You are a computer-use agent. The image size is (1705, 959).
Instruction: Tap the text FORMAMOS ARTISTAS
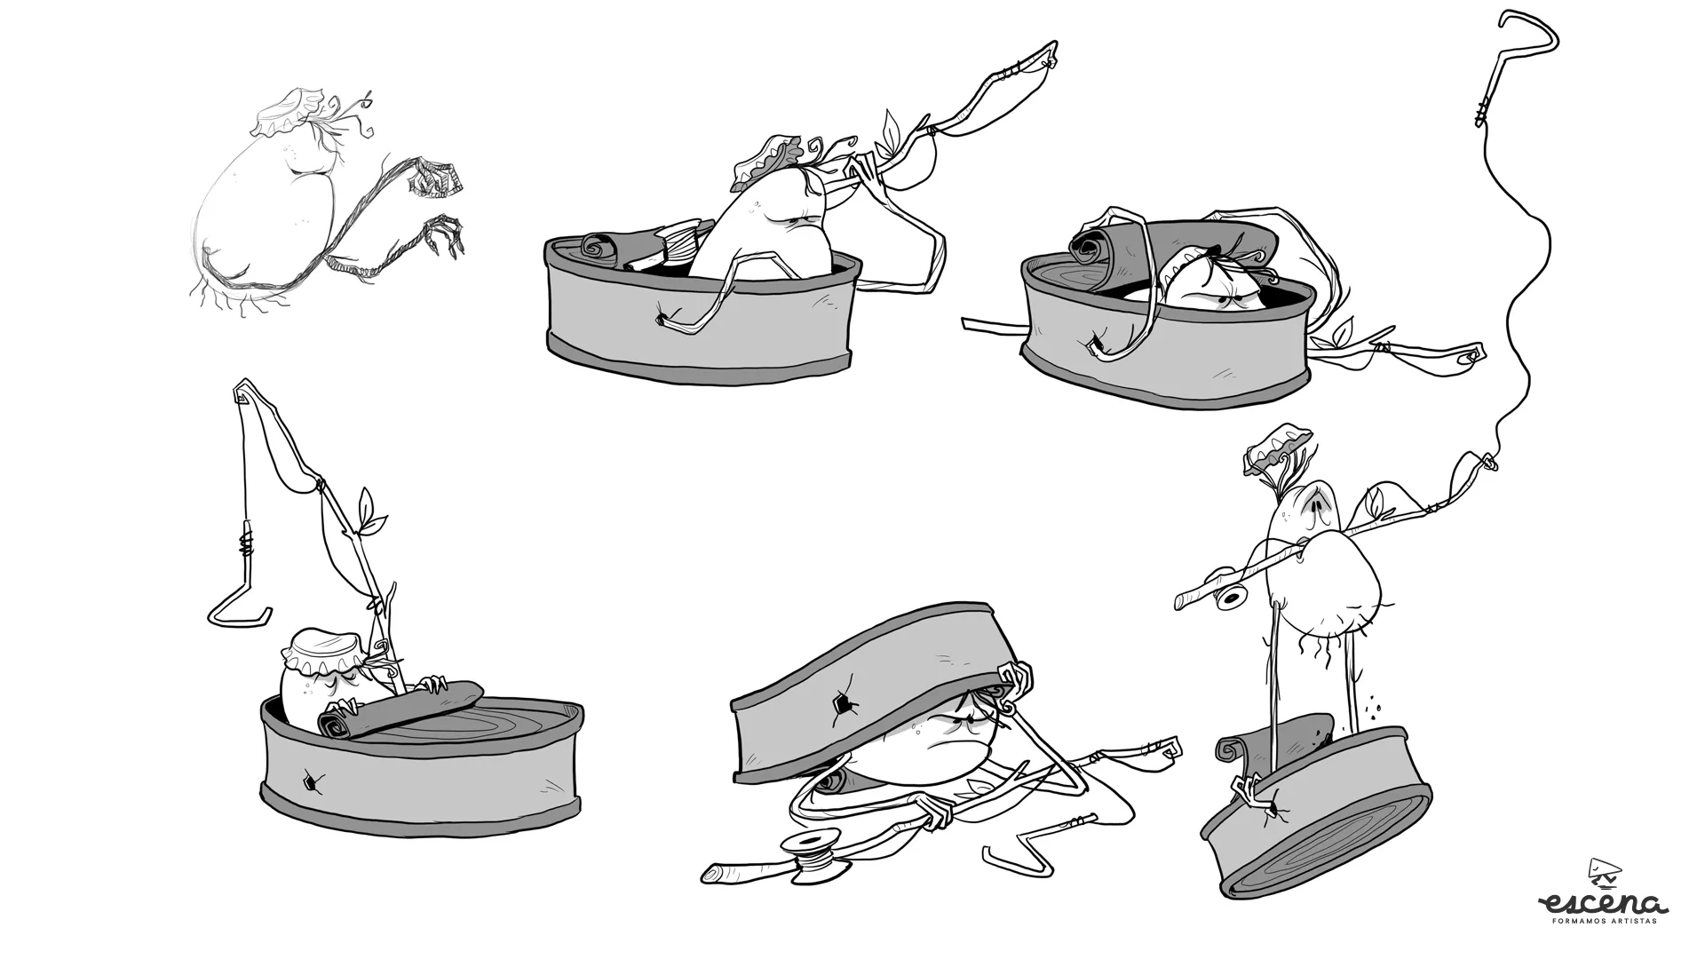1606,922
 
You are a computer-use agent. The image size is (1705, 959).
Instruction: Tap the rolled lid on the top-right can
1172,234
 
